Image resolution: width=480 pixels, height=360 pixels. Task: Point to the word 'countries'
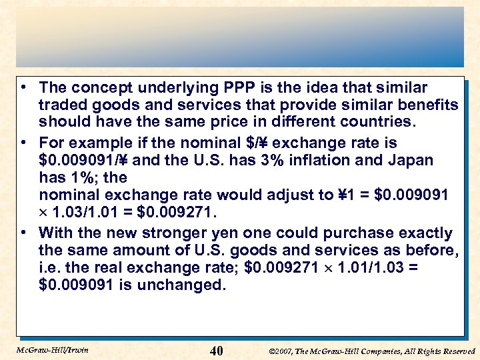point(373,122)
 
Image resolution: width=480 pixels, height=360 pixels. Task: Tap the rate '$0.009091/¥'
point(85,160)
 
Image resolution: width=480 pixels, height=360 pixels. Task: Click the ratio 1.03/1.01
point(91,212)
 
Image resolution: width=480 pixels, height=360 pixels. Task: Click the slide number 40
point(216,350)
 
